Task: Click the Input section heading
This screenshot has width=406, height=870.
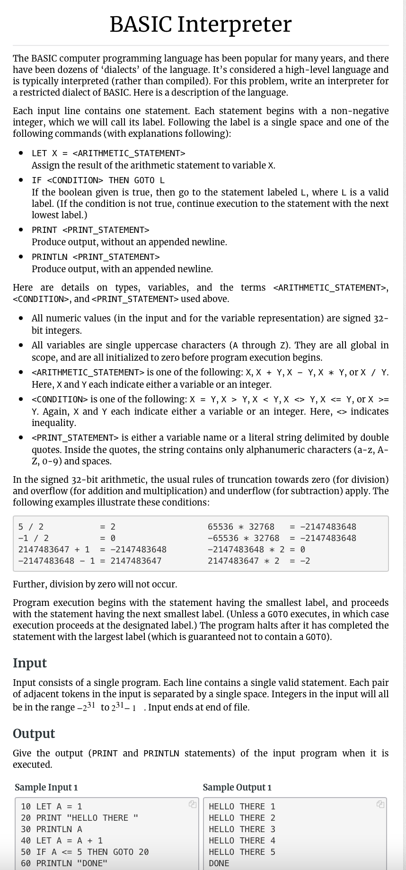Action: pos(29,662)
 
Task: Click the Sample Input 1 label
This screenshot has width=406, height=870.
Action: pos(46,787)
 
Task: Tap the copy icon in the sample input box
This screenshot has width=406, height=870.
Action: pos(191,804)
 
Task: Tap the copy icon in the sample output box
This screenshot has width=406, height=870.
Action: pos(380,804)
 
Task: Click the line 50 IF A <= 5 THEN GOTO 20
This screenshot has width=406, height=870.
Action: pos(85,852)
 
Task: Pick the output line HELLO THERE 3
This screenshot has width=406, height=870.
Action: pos(242,829)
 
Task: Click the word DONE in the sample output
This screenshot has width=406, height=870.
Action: pos(219,863)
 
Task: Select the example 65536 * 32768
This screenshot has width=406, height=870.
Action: pos(241,526)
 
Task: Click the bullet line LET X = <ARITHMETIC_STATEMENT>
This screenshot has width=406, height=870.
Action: pos(108,153)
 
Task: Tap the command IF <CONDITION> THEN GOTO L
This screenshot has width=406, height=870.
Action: pos(98,180)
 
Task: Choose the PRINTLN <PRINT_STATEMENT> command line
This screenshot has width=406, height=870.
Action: pos(96,257)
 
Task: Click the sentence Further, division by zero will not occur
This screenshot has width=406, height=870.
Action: pos(95,584)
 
